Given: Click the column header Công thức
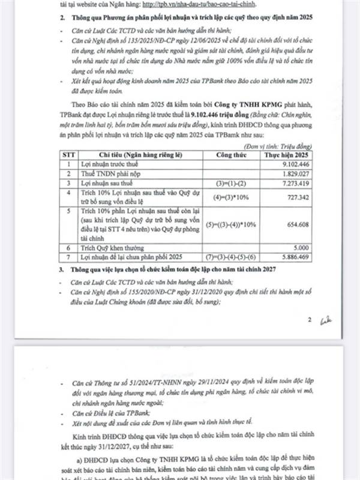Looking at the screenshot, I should point(223,154).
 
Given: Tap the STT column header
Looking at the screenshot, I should point(71,154).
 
